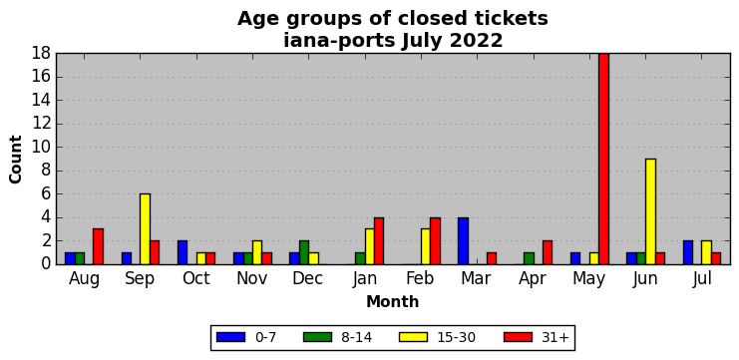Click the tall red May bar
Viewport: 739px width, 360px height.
pyautogui.click(x=603, y=159)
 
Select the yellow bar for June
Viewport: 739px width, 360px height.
pyautogui.click(x=650, y=211)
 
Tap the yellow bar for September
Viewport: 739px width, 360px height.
pyautogui.click(x=146, y=229)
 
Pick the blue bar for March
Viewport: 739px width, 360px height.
pyautogui.click(x=464, y=240)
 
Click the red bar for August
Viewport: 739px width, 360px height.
pyautogui.click(x=98, y=246)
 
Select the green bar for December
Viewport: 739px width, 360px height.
pyautogui.click(x=304, y=252)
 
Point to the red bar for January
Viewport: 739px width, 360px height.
pyautogui.click(x=379, y=240)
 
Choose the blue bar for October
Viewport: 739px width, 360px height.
pyautogui.click(x=183, y=252)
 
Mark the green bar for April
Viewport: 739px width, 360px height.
pyautogui.click(x=529, y=258)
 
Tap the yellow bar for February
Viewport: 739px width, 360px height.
pyautogui.click(x=426, y=246)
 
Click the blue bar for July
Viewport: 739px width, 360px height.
pyautogui.click(x=688, y=252)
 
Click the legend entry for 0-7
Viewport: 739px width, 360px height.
pyautogui.click(x=246, y=337)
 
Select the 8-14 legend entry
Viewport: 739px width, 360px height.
pyautogui.click(x=337, y=337)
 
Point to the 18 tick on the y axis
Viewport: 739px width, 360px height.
pyautogui.click(x=42, y=53)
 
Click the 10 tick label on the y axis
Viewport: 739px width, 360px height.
pyautogui.click(x=42, y=147)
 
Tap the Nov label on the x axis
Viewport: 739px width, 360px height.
pyautogui.click(x=251, y=278)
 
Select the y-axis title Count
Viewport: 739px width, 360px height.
pyautogui.click(x=16, y=160)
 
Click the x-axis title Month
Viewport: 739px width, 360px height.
pyautogui.click(x=393, y=301)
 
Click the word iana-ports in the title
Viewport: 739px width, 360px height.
pyautogui.click(x=340, y=41)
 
